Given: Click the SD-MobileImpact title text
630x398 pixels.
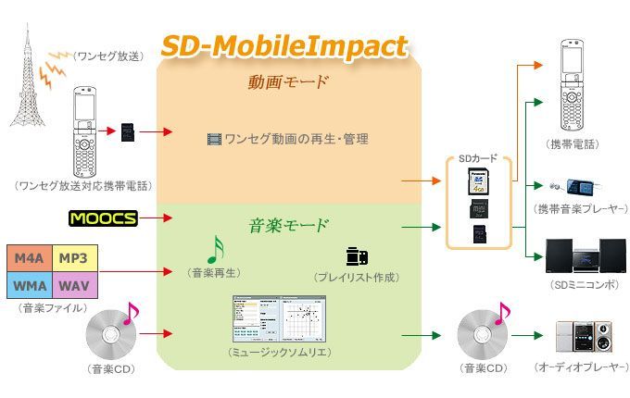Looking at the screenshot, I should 284,45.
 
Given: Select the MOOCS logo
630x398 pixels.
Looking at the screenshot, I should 103,218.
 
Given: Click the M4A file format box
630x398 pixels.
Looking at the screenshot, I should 28,256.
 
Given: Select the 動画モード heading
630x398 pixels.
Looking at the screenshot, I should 287,82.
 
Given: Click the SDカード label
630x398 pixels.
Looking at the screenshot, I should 478,158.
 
